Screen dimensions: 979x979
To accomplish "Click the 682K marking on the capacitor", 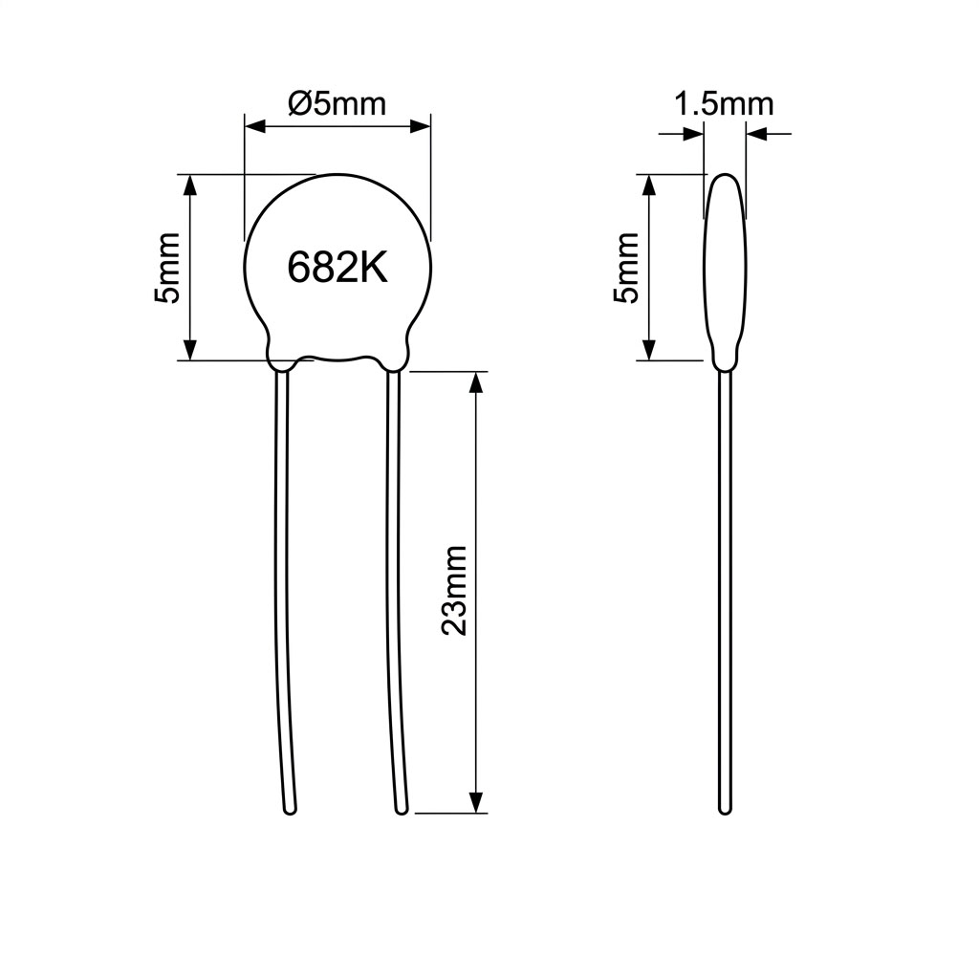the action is tap(337, 268).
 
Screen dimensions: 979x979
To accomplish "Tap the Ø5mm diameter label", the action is tap(337, 103).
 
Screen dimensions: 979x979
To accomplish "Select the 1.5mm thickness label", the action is tap(724, 103).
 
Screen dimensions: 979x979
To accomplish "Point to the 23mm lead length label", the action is tap(454, 590).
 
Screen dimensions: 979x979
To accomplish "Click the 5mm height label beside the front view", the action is tap(166, 268).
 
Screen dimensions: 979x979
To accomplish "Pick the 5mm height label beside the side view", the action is tap(626, 268).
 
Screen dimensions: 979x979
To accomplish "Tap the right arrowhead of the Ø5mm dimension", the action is tap(420, 127).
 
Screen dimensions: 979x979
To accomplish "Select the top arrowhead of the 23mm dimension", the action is tap(476, 382).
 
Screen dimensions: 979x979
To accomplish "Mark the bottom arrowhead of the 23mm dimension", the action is tap(476, 802).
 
